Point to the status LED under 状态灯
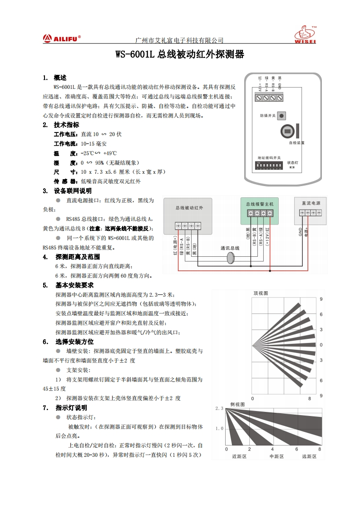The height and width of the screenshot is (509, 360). [x=291, y=167]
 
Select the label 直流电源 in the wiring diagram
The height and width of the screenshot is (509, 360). [x=311, y=203]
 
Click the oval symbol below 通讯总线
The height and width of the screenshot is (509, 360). [x=230, y=258]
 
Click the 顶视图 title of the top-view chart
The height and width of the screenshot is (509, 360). [x=261, y=294]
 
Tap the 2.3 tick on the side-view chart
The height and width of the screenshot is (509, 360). [x=219, y=409]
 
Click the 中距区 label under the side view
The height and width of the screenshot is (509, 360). [x=276, y=456]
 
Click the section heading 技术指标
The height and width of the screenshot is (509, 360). [x=67, y=125]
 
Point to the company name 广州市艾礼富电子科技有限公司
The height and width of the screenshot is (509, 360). [x=180, y=40]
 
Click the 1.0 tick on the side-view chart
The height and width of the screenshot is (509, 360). [x=220, y=428]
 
